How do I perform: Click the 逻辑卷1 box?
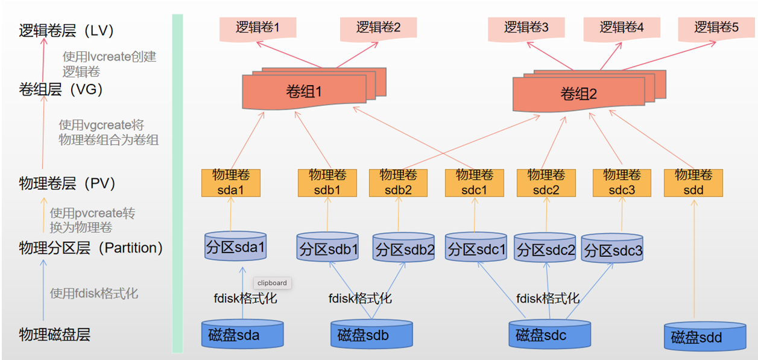point(257,28)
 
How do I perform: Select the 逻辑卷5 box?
point(716,28)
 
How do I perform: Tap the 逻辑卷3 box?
point(526,28)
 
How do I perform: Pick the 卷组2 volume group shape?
point(578,94)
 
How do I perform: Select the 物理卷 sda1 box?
point(230,182)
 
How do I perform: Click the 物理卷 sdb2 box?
point(398,182)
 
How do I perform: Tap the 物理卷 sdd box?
point(693,182)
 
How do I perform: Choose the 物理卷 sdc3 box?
point(622,182)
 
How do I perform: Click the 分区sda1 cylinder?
point(235,247)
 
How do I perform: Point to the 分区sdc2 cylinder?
point(546,250)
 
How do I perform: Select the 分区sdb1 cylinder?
point(329,249)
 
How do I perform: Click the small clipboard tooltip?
point(272,283)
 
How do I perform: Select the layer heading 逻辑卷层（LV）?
point(66,31)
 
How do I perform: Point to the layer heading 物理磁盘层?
point(55,335)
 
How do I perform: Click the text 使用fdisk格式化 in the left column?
point(94,294)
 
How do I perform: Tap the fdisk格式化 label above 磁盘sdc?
point(548,298)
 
